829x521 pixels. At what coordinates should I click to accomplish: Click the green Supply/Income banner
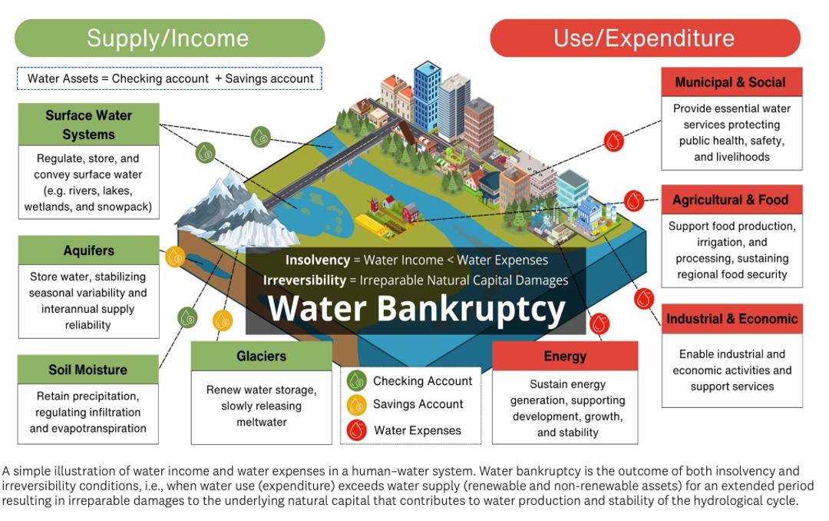click(169, 38)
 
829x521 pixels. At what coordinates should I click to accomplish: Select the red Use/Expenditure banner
click(644, 38)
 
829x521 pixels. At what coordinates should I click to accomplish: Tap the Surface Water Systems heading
click(88, 124)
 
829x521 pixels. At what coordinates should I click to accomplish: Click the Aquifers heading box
click(88, 251)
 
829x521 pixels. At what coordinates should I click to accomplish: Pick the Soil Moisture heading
click(88, 370)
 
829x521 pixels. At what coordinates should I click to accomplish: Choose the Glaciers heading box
click(261, 357)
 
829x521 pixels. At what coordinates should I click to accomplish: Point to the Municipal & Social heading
click(730, 82)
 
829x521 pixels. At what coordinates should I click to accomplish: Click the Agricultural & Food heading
click(730, 200)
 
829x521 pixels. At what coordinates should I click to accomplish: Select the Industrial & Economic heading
click(732, 319)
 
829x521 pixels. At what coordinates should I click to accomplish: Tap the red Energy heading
click(564, 357)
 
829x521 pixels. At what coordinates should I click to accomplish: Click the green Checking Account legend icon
click(357, 380)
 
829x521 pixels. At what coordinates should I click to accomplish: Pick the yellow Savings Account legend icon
click(357, 404)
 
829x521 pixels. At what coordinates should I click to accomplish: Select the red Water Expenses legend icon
click(357, 430)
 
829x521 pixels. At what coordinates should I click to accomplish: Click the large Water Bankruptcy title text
click(416, 309)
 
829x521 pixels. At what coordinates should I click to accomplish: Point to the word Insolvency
click(317, 260)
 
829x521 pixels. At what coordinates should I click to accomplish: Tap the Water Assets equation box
click(170, 78)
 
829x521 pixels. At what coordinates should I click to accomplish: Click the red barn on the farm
click(410, 212)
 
